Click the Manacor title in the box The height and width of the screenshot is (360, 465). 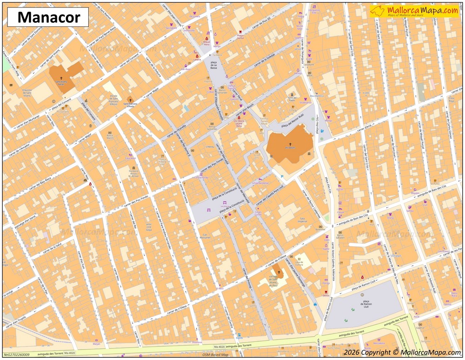pos(47,18)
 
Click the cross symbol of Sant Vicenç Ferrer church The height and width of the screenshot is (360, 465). pos(61,79)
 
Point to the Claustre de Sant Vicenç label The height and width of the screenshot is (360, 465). pos(27,93)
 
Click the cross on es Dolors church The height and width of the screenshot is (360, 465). pos(291,144)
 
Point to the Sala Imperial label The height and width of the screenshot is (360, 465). pos(303,220)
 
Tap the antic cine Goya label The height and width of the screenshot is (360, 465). pos(149,226)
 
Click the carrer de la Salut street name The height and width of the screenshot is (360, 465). pos(53,248)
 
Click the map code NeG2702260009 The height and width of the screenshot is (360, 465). pos(17,354)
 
